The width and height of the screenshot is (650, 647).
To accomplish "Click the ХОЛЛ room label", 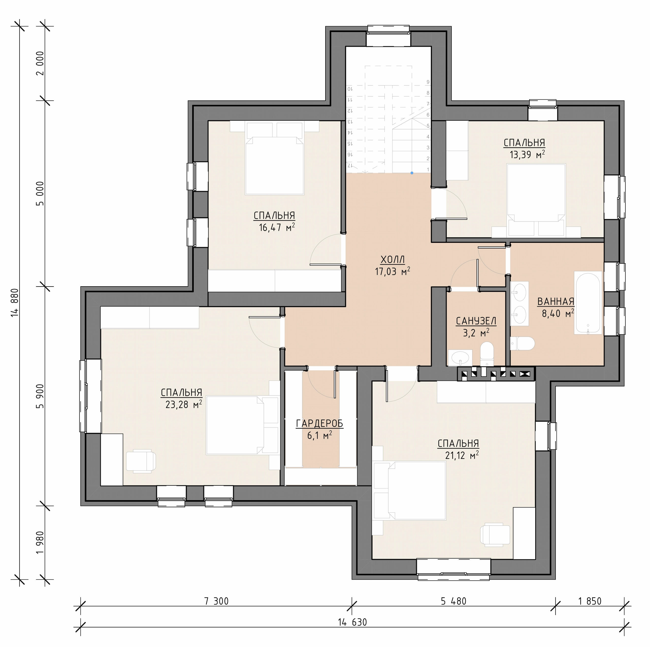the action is tap(393, 260).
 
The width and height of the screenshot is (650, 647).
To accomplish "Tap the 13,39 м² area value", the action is tap(527, 154).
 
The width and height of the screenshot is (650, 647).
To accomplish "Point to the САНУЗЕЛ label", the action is tap(476, 321).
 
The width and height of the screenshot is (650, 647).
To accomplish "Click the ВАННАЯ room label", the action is tap(556, 302).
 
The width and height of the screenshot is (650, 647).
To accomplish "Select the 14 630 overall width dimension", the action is tap(352, 622).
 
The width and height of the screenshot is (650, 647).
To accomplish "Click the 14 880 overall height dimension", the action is tap(15, 302).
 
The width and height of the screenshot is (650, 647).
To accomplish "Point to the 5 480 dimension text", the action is tap(453, 601).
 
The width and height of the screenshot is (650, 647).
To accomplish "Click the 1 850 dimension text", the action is tap(590, 601).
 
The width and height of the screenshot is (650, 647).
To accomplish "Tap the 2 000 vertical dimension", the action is tap(40, 63).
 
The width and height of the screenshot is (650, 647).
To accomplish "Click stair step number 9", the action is tap(428, 82).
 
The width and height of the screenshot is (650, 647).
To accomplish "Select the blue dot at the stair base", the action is tap(412, 173).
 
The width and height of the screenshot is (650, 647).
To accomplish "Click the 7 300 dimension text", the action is tap(216, 601).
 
